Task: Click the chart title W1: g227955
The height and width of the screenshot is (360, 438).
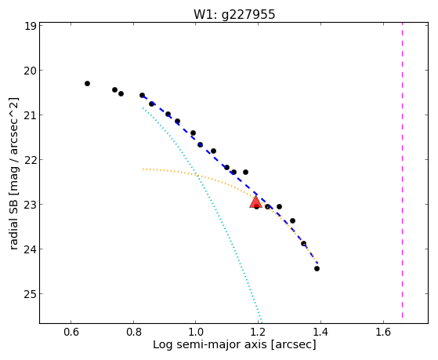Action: click(234, 14)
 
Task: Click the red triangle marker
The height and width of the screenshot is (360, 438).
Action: click(255, 202)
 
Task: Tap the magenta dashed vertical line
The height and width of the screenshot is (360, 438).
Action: click(402, 170)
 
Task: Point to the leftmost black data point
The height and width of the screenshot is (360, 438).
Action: click(87, 83)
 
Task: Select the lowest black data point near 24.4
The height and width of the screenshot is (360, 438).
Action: click(317, 268)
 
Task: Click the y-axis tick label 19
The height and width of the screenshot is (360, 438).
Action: click(30, 27)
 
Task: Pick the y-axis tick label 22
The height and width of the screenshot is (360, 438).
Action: click(30, 160)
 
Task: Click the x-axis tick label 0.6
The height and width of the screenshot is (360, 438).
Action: click(71, 332)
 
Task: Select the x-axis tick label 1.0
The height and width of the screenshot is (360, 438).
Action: click(196, 332)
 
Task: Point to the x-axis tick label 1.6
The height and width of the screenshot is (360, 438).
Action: click(383, 332)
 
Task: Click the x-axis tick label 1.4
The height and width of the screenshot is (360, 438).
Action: click(320, 332)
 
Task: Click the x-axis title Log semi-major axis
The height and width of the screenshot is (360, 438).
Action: click(210, 344)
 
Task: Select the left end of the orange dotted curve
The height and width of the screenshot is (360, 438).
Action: click(143, 169)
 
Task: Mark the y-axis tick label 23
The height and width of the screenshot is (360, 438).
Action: click(30, 205)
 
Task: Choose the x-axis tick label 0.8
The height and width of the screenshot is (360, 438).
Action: click(133, 332)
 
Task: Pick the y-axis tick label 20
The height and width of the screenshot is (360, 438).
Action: click(30, 71)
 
